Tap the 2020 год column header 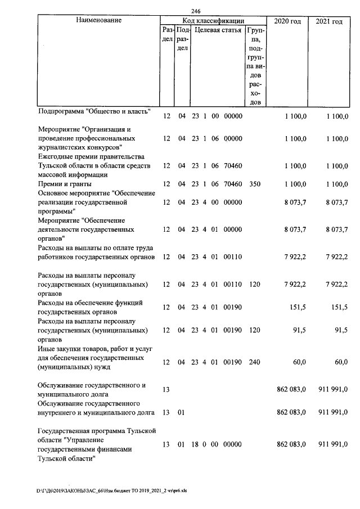[287, 21]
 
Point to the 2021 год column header [329, 21]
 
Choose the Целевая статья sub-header [218, 30]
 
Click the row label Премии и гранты [64, 183]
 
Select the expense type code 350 [254, 183]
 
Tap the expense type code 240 [254, 362]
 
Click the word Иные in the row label [46, 348]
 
